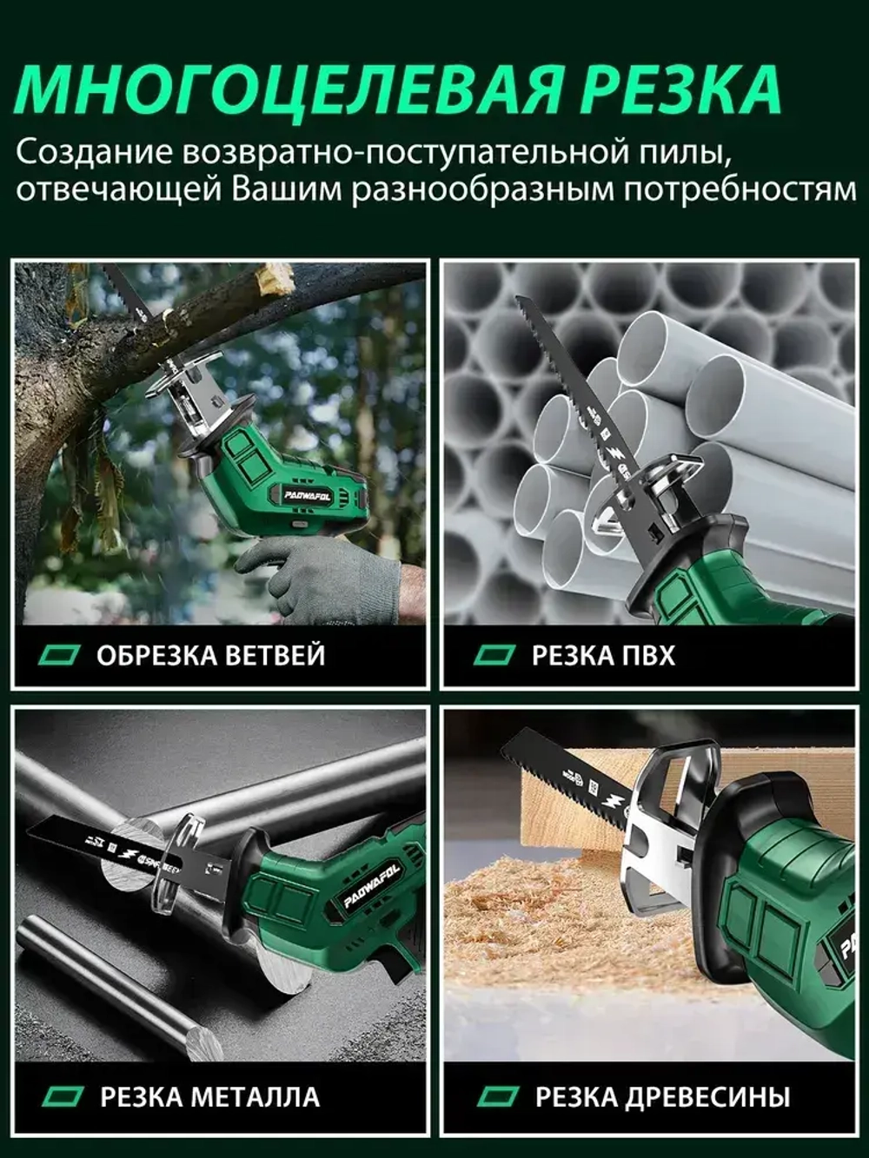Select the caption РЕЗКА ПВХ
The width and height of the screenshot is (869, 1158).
pos(603,654)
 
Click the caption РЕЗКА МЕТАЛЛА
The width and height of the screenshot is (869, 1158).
pos(209,1096)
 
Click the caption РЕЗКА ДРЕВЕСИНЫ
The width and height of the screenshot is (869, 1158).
pos(662,1096)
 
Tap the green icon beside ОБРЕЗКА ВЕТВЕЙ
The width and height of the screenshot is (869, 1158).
pos(62,654)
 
